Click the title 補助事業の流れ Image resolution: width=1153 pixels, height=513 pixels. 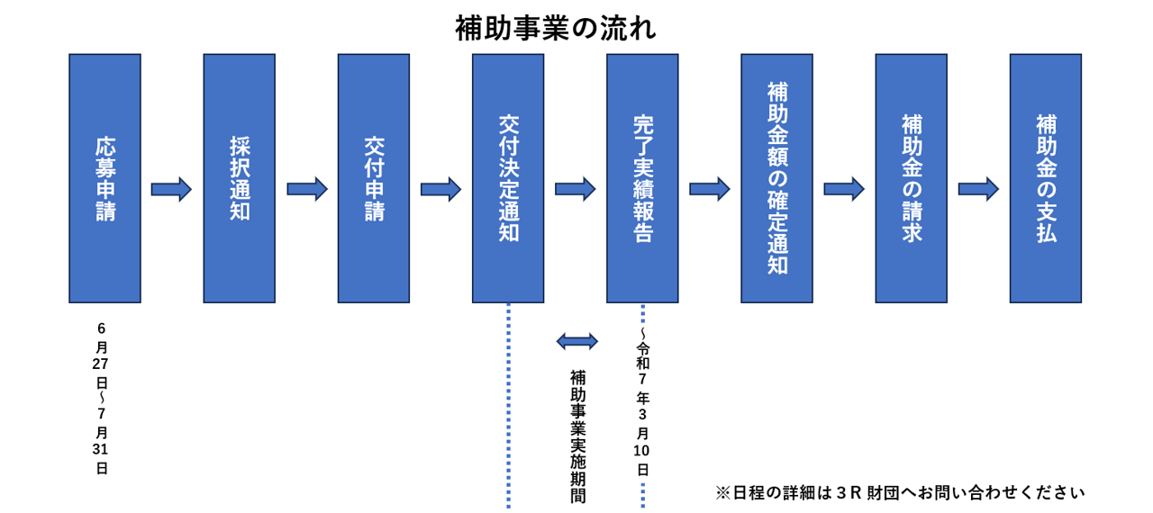(555, 28)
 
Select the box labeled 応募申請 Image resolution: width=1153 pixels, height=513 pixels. (104, 178)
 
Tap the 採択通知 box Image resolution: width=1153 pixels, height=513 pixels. (239, 178)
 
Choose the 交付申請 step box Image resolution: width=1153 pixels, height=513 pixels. (374, 178)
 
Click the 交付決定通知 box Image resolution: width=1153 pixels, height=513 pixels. (508, 178)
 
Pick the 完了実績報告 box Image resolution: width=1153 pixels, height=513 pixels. (642, 178)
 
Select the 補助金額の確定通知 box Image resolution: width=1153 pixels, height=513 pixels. (776, 178)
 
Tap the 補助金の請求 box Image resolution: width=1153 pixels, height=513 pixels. (911, 178)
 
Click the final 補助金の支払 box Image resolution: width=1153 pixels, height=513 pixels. (1045, 178)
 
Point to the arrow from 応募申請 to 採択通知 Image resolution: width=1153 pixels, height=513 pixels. (171, 189)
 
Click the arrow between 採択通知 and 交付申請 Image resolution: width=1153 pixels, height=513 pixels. (306, 189)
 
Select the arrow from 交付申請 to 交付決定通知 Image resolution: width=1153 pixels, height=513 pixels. (440, 189)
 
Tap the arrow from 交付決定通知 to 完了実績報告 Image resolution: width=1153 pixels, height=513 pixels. (575, 189)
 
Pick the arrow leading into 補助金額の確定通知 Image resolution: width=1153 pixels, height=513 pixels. (709, 189)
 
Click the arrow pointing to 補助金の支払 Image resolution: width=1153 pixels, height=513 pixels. (978, 189)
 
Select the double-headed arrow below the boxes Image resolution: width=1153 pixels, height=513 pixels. (576, 341)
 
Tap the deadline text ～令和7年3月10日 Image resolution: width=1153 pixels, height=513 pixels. (642, 405)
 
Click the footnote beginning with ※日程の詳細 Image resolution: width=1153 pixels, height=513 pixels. (900, 492)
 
